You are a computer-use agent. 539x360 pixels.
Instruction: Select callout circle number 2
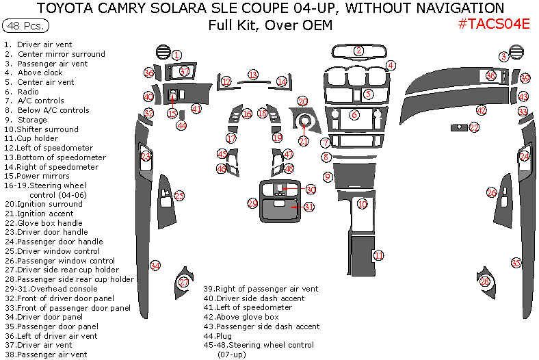tap(358, 51)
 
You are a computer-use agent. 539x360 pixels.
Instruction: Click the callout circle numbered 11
tap(378, 256)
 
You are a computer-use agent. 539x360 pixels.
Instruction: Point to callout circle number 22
tap(474, 127)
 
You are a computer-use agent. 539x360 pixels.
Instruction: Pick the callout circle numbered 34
tap(155, 266)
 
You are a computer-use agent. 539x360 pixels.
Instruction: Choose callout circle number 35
tap(516, 263)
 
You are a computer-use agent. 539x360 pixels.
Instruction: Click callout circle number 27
tap(183, 282)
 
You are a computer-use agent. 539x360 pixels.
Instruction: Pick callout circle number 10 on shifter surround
tap(363, 204)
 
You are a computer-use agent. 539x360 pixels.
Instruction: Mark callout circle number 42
tap(482, 110)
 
